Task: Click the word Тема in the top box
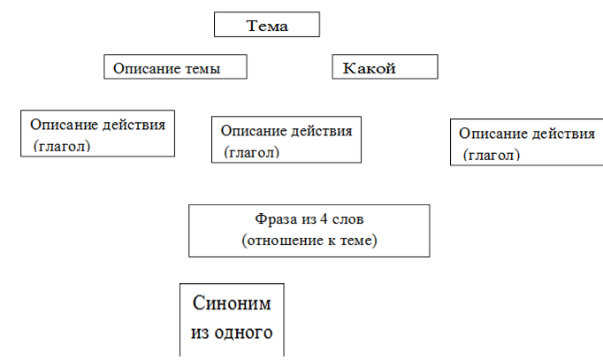click(267, 25)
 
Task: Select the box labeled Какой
click(384, 68)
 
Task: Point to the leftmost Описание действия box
click(97, 134)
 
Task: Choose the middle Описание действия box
click(286, 139)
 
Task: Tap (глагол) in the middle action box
click(252, 151)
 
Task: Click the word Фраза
click(272, 218)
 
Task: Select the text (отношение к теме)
click(309, 239)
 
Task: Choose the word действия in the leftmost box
click(135, 124)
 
